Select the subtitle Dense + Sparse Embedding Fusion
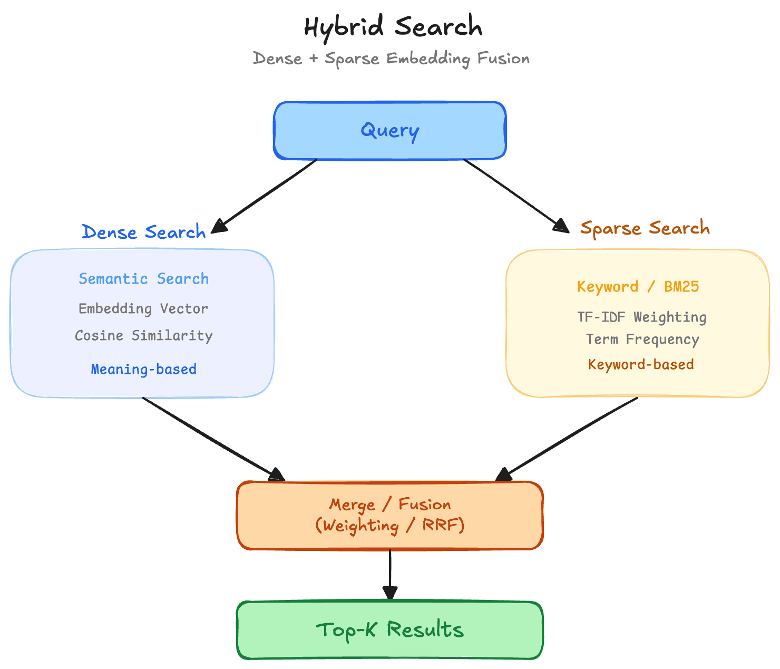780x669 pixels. pos(391,58)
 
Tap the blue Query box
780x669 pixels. pos(389,131)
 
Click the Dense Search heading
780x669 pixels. pos(143,232)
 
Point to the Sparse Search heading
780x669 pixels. pos(645,228)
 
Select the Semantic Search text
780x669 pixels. pos(143,279)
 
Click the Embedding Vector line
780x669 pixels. pos(143,308)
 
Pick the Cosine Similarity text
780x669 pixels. pos(143,336)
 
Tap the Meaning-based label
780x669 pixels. pos(143,369)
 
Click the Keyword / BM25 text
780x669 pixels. pos(638,287)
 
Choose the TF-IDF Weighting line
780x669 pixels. pos(641,317)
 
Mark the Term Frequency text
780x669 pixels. pos(642,340)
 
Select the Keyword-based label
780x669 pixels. pos(640,364)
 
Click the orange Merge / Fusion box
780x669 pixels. pos(389,515)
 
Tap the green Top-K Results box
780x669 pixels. pos(389,630)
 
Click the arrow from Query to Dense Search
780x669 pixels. pos(266,195)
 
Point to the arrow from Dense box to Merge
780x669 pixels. pos(211,438)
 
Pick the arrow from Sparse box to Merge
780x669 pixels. pos(569,438)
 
